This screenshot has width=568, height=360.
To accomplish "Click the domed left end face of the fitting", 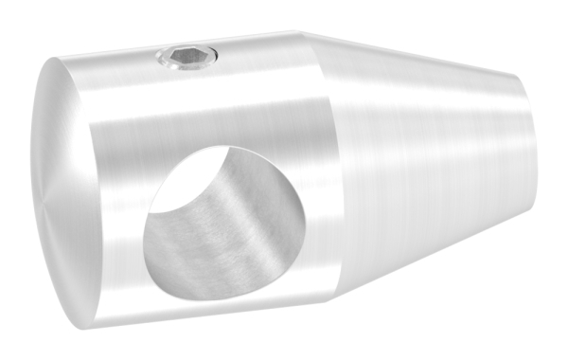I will (62, 189).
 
